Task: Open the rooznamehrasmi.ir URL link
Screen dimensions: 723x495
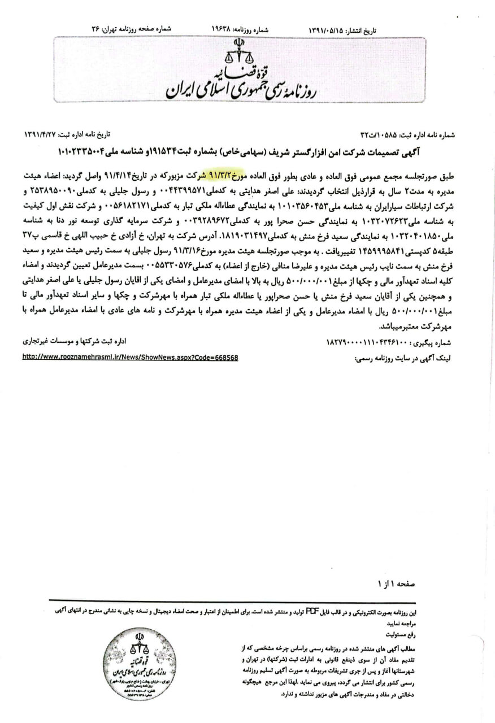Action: coord(130,358)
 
